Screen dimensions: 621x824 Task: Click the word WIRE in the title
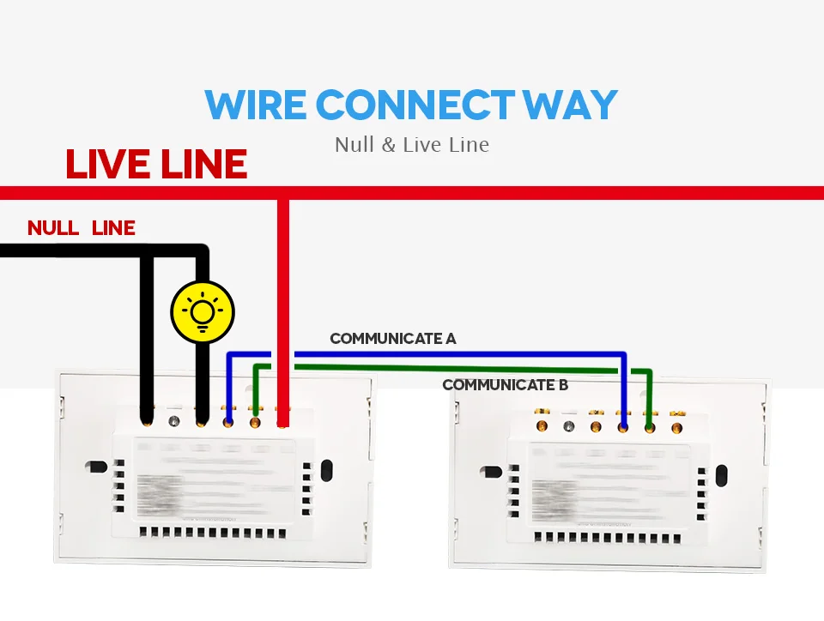point(255,105)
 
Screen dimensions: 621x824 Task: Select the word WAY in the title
point(570,105)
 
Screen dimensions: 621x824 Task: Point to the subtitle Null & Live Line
point(412,143)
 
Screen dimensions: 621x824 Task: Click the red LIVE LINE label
point(156,164)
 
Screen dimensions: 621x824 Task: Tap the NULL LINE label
point(82,228)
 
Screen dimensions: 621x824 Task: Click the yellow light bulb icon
point(202,310)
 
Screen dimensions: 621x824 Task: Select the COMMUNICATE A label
point(393,339)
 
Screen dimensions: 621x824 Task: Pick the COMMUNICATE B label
point(505,385)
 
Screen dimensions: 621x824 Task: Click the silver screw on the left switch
point(175,420)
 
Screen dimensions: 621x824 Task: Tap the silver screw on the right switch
point(567,425)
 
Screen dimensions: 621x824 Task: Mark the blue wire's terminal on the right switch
point(623,425)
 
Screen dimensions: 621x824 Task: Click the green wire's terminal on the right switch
point(650,426)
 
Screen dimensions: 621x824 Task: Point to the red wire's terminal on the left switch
point(282,421)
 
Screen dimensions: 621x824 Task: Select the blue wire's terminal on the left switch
point(228,421)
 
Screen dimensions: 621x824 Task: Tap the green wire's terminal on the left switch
point(255,421)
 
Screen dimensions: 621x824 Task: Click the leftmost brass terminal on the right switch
point(541,425)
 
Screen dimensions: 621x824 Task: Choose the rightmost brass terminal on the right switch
point(677,426)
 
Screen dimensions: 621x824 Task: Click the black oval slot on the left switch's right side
point(326,470)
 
